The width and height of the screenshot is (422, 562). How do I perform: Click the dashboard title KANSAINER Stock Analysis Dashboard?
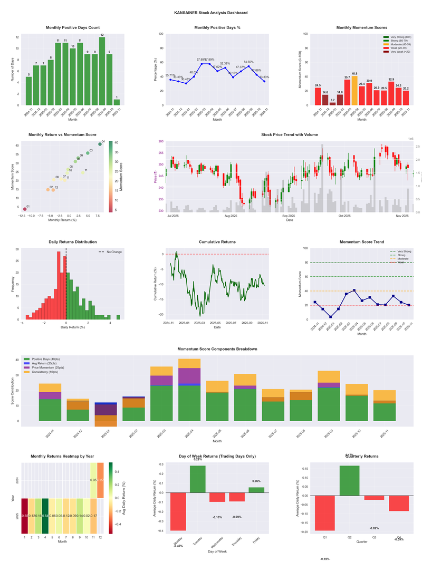tap(210, 13)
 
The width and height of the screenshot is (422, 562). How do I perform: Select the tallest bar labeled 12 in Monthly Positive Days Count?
tap(102, 71)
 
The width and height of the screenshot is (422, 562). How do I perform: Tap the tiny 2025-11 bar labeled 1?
tap(117, 102)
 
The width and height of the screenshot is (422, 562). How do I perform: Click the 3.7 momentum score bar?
tap(332, 103)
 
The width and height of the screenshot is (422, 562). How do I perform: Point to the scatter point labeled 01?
tap(24, 209)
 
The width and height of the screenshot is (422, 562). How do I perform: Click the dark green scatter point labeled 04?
tap(100, 144)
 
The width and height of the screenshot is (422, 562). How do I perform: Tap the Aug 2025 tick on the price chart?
tap(231, 216)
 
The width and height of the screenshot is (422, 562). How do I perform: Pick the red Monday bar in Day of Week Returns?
tap(178, 511)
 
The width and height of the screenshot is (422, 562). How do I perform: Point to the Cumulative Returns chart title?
tap(217, 242)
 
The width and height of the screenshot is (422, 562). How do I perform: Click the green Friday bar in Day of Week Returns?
tap(256, 490)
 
